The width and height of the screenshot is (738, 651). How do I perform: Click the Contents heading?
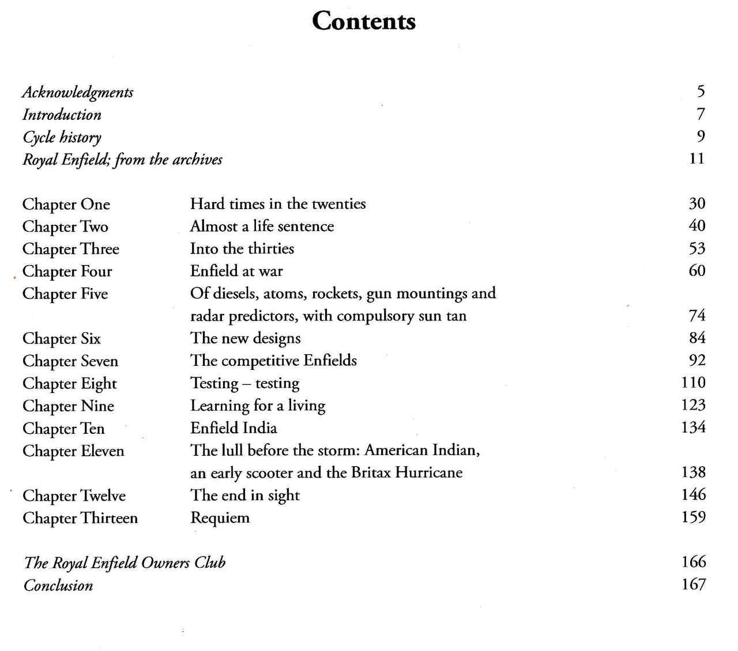click(x=363, y=21)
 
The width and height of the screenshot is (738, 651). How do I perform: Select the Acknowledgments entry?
click(x=78, y=92)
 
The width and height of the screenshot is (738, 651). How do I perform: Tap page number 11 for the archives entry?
click(x=696, y=158)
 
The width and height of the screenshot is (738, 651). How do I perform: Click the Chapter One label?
click(x=66, y=204)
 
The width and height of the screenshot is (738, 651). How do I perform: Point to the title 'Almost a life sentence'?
click(x=262, y=226)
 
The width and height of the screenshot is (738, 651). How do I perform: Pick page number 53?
click(x=696, y=248)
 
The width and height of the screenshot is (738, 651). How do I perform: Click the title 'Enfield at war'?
click(x=236, y=271)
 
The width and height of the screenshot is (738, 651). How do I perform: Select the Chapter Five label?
click(x=65, y=293)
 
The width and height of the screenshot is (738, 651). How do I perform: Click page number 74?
click(x=696, y=316)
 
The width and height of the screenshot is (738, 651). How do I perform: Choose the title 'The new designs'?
click(x=246, y=338)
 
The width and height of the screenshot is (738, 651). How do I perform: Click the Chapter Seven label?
click(x=70, y=361)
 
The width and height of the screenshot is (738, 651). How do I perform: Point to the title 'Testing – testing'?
click(x=245, y=383)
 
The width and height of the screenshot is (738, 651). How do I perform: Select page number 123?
click(x=693, y=405)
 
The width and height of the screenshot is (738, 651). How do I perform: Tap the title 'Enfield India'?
click(x=234, y=428)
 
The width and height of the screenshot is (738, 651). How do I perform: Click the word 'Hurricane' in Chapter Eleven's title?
click(x=429, y=472)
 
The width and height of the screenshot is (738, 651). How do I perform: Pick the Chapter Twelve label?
click(x=74, y=495)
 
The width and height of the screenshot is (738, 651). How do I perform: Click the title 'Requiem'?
click(x=220, y=518)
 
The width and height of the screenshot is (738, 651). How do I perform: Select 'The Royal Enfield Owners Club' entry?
click(x=125, y=562)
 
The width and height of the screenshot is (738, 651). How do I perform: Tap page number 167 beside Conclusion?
click(x=693, y=585)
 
